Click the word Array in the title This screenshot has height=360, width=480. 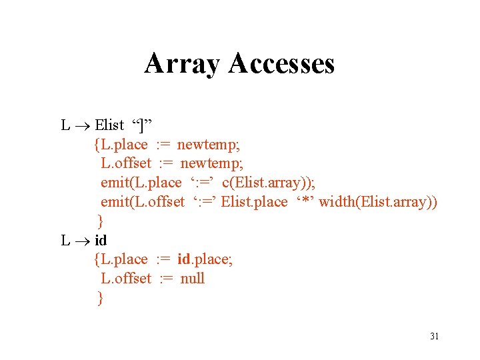(182, 64)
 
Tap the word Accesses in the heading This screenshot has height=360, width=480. (281, 64)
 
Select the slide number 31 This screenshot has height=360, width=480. (434, 336)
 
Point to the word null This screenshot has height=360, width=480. (193, 279)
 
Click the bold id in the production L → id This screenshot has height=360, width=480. (101, 240)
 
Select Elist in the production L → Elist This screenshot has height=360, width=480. (110, 125)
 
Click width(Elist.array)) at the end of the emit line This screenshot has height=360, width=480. (378, 202)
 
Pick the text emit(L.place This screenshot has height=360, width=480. (141, 183)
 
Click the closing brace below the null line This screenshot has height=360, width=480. (101, 298)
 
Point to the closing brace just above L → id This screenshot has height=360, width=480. (101, 221)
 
